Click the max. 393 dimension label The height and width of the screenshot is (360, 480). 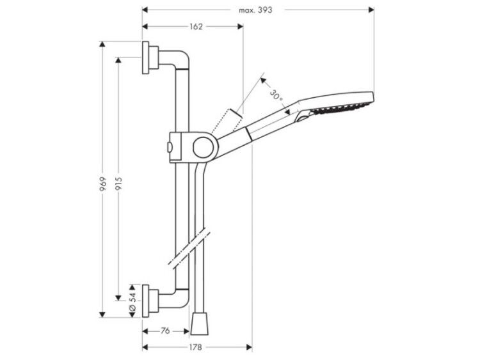click(255, 10)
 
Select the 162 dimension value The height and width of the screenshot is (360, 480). click(196, 27)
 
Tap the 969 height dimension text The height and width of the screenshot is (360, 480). click(103, 184)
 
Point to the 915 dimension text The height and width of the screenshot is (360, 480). click(118, 184)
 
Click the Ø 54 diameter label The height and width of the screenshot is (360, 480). click(132, 301)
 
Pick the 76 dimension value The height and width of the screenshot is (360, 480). click(165, 331)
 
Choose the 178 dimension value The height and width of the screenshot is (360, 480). click(195, 347)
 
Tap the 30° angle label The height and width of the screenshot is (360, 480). click(276, 95)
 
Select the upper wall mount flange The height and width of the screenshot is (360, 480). click(146, 58)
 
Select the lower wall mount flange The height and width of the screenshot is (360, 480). click(146, 301)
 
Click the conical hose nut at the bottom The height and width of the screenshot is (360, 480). click(199, 324)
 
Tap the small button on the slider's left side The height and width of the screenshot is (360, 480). click(169, 147)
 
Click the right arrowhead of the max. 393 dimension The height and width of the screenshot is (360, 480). click(371, 10)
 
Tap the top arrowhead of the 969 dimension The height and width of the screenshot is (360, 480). click(102, 44)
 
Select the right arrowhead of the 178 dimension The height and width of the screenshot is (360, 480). click(249, 347)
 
